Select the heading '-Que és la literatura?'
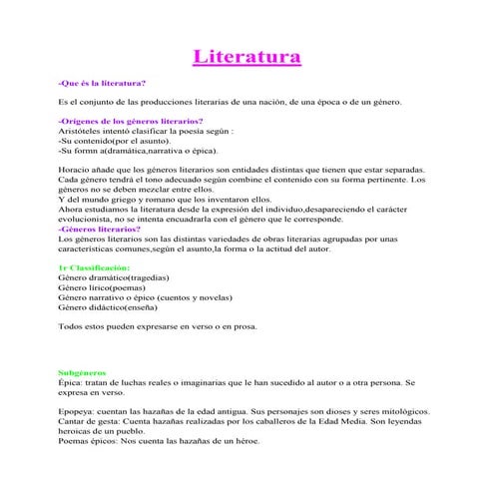tap(102, 83)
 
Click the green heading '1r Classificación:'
tap(94, 268)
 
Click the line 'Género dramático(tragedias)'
tap(114, 278)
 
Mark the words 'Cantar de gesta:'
tap(90, 421)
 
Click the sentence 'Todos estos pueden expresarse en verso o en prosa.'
tap(157, 326)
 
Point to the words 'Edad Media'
tap(348, 421)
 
